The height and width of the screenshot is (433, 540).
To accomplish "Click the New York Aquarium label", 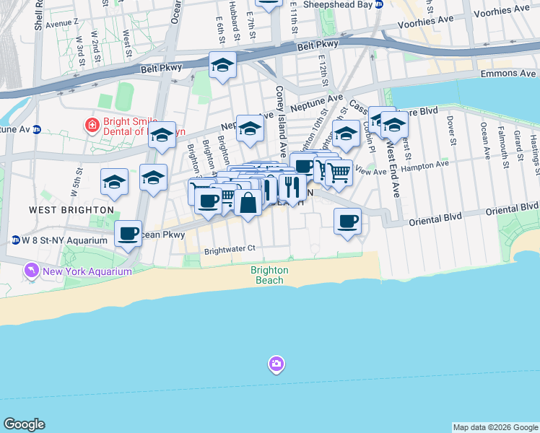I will point(87,271).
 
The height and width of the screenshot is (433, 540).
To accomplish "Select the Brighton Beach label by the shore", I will point(269,275).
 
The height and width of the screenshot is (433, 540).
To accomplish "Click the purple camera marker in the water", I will point(276,364).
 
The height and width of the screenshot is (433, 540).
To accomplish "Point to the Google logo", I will point(24,424).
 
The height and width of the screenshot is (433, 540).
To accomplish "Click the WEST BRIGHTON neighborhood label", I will point(71,209).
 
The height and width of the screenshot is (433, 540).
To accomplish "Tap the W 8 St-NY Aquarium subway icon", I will point(15,240).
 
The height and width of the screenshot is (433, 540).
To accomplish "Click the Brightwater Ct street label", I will point(230,248).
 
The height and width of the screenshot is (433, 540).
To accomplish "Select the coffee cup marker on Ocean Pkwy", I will point(129,233).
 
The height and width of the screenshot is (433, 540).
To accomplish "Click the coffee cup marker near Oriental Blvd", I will point(347,220).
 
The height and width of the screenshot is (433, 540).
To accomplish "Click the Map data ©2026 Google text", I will point(495,427).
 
